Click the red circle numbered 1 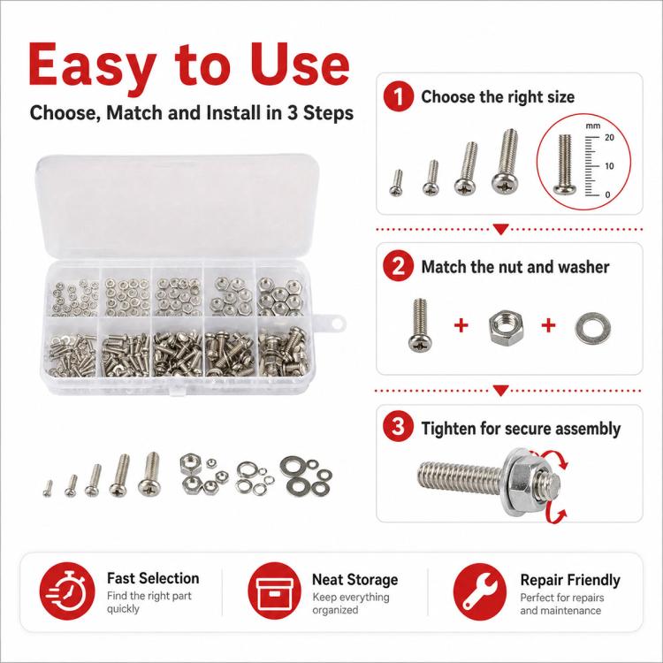pyautogui.click(x=399, y=97)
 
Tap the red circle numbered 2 pyautogui.click(x=399, y=266)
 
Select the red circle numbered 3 pyautogui.click(x=399, y=427)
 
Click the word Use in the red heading pyautogui.click(x=299, y=65)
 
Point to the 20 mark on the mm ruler pyautogui.click(x=609, y=137)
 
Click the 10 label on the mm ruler pyautogui.click(x=609, y=166)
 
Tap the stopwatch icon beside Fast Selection pyautogui.click(x=67, y=591)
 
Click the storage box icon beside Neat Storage pyautogui.click(x=274, y=591)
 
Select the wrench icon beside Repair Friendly pyautogui.click(x=480, y=591)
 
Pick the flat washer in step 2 pyautogui.click(x=592, y=327)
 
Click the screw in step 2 pyautogui.click(x=419, y=324)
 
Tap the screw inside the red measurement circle pyautogui.click(x=565, y=164)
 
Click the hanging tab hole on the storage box pyautogui.click(x=338, y=324)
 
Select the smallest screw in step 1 pyautogui.click(x=396, y=183)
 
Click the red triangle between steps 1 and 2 pyautogui.click(x=501, y=229)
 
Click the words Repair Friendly pyautogui.click(x=570, y=580)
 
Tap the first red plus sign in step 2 pyautogui.click(x=461, y=325)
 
